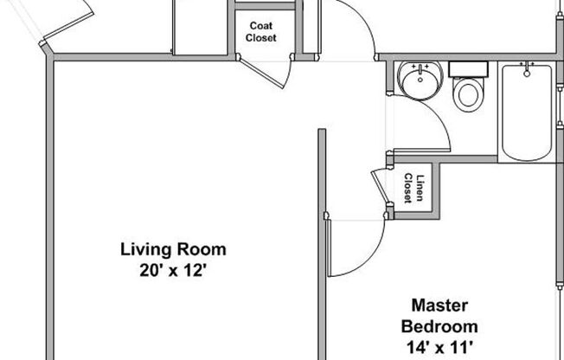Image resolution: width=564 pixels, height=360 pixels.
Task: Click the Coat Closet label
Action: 262,32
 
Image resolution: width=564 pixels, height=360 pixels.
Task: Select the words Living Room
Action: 173,250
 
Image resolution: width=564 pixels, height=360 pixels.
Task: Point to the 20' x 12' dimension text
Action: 173,269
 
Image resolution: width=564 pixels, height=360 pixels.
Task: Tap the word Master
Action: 439,305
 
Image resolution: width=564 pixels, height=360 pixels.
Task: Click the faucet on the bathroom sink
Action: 421,67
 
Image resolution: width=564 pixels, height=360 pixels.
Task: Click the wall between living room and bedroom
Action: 322,260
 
